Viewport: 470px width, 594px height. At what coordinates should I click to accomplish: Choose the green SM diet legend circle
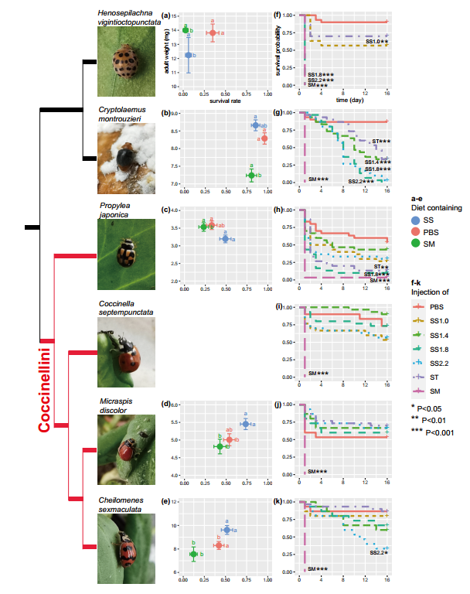(414, 244)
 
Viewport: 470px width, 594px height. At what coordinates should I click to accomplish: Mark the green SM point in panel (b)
(251, 176)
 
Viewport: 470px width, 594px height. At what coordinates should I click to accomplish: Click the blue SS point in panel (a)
(188, 56)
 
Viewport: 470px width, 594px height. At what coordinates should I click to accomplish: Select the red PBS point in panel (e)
(219, 545)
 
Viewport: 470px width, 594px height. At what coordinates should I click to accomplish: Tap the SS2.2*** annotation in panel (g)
(360, 181)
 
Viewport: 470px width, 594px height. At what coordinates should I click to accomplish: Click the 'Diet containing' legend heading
(437, 207)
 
